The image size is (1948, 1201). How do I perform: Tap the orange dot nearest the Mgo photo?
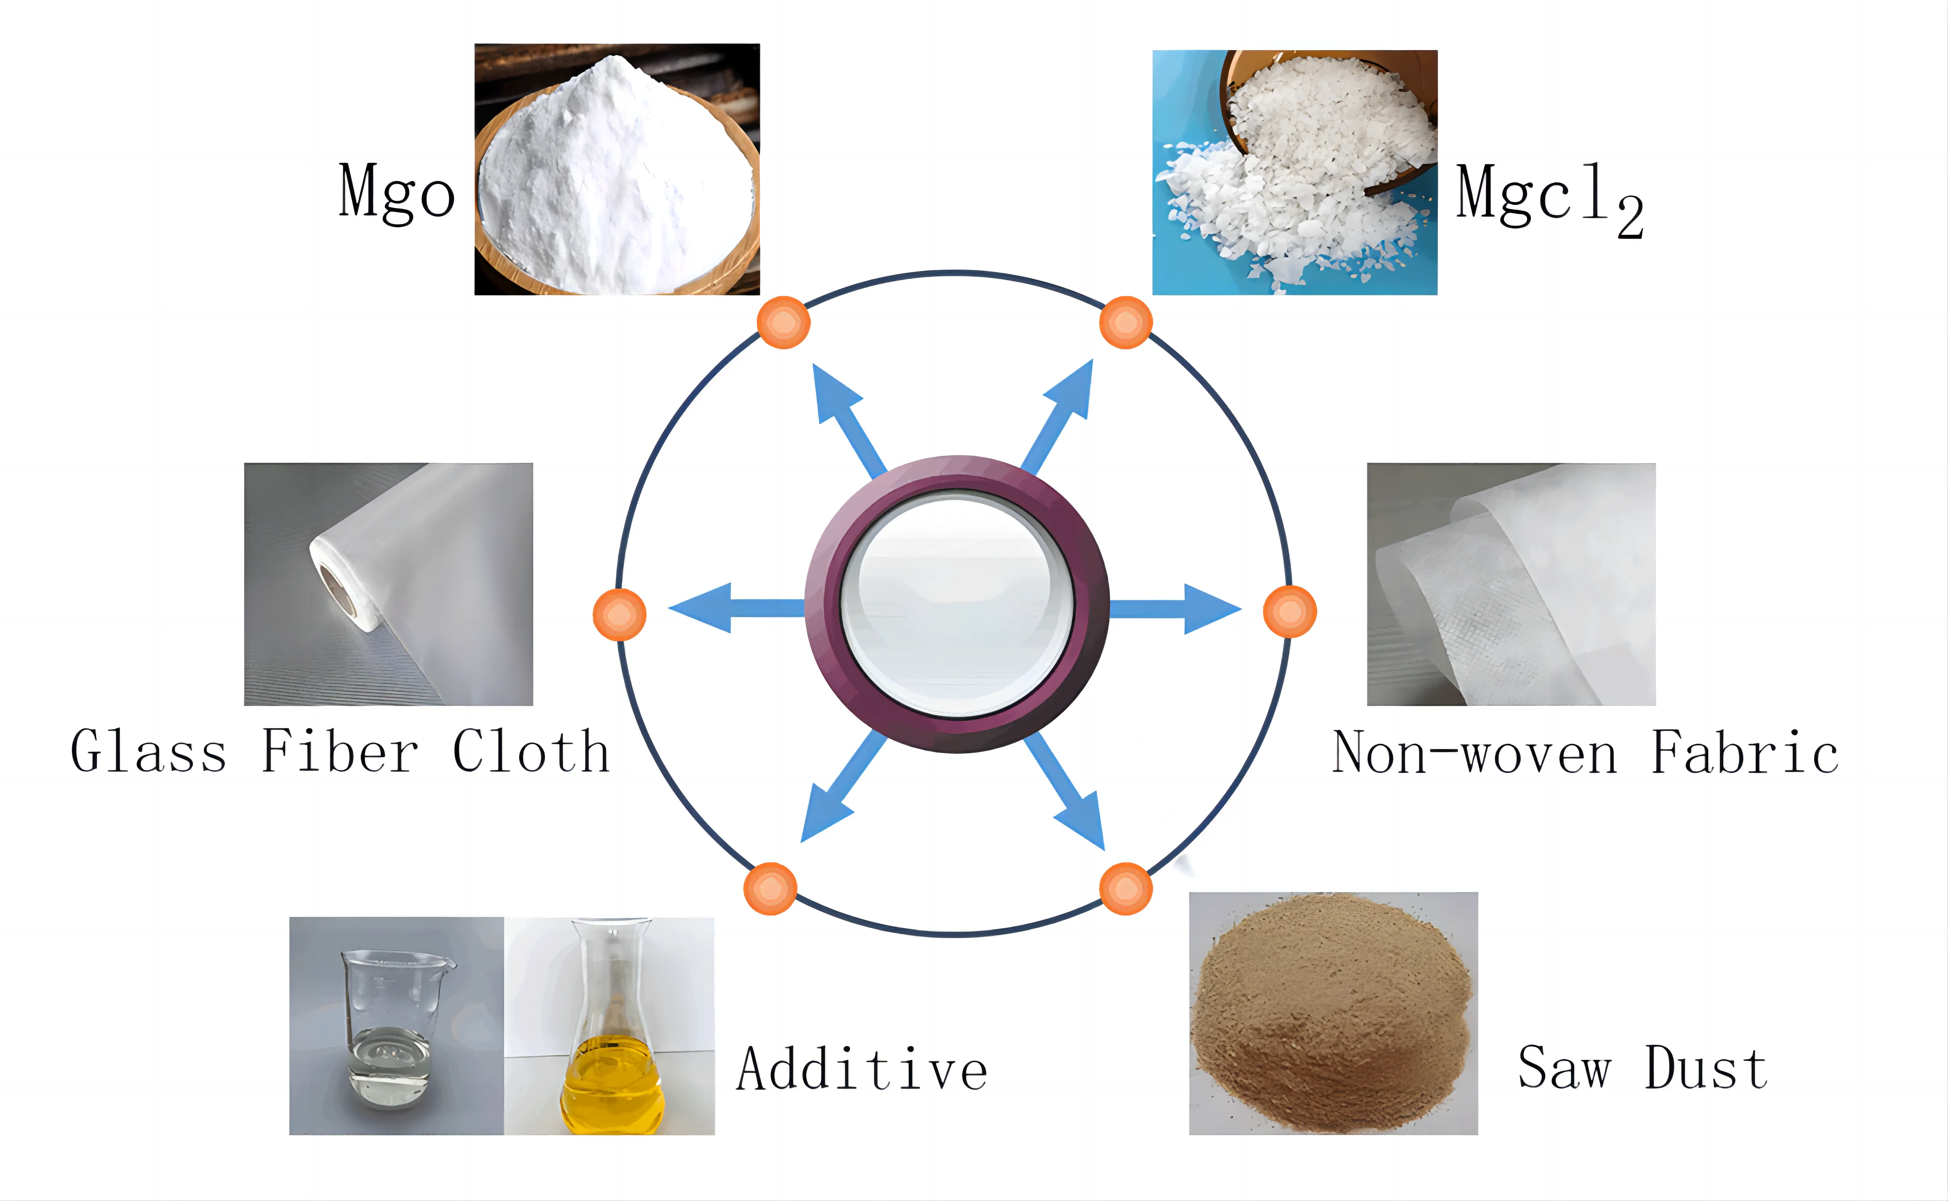(x=783, y=322)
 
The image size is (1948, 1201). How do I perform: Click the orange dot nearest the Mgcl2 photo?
(x=1125, y=322)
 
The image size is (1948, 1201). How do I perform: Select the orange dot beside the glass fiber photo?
(x=619, y=614)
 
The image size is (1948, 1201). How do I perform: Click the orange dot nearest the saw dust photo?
(x=1125, y=889)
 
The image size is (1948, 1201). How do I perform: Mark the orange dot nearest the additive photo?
(x=769, y=889)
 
